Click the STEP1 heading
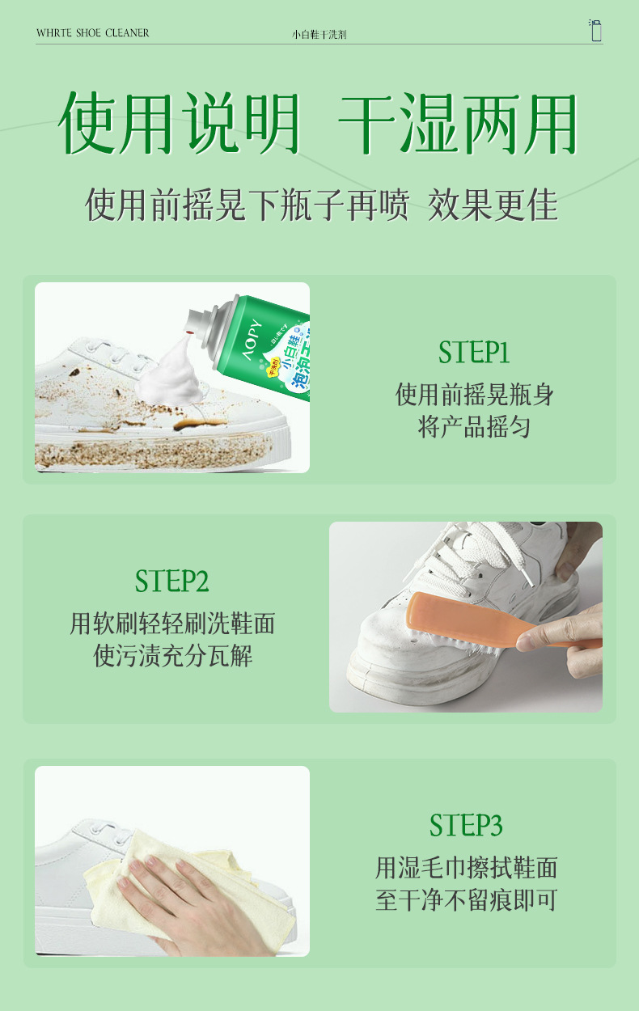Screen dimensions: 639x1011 [x=474, y=352]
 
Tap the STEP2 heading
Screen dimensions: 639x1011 [x=172, y=581]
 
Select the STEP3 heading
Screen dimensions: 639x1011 [x=466, y=826]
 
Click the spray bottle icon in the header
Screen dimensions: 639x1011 [x=595, y=30]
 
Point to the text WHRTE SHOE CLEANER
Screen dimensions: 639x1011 [x=92, y=33]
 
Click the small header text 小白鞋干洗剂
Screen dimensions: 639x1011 [x=319, y=35]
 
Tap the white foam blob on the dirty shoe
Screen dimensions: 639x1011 [x=169, y=374]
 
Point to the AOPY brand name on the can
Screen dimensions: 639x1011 [x=252, y=340]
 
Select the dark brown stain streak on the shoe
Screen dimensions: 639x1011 [x=198, y=424]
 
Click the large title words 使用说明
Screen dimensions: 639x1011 [x=179, y=123]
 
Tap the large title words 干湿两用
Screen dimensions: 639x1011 [x=458, y=123]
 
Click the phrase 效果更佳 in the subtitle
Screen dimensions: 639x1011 [x=493, y=205]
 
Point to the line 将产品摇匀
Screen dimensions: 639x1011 [x=474, y=427]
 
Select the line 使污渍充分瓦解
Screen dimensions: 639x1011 [x=172, y=656]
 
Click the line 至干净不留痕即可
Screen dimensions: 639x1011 [x=466, y=900]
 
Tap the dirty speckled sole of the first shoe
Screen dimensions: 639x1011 [x=154, y=452]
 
